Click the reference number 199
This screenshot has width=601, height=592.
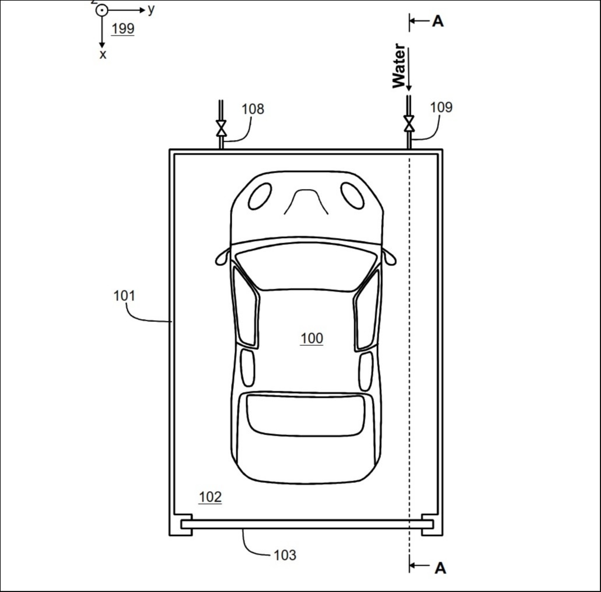pos(123,29)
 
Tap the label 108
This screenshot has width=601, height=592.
pos(253,109)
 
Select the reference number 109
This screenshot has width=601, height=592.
pos(441,107)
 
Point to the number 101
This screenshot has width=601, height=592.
pos(124,296)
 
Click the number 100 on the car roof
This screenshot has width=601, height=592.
pos(312,338)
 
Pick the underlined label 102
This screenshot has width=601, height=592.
pos(210,497)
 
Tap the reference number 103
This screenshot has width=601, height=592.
pos(285,555)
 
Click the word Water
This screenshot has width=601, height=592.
pos(399,65)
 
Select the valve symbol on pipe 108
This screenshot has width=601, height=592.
pos(221,128)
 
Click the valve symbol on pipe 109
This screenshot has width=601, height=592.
pos(409,124)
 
